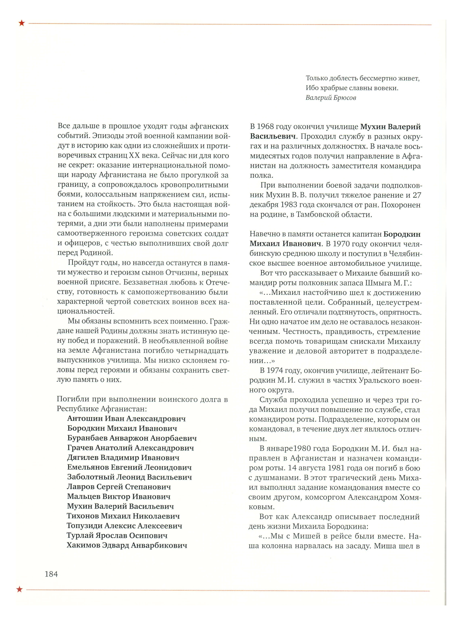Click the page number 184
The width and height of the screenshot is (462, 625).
(x=51, y=574)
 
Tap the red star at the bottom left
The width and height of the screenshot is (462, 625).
(x=19, y=589)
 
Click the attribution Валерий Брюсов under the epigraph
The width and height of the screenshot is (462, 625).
(x=331, y=98)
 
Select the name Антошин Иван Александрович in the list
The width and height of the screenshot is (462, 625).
(x=126, y=419)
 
